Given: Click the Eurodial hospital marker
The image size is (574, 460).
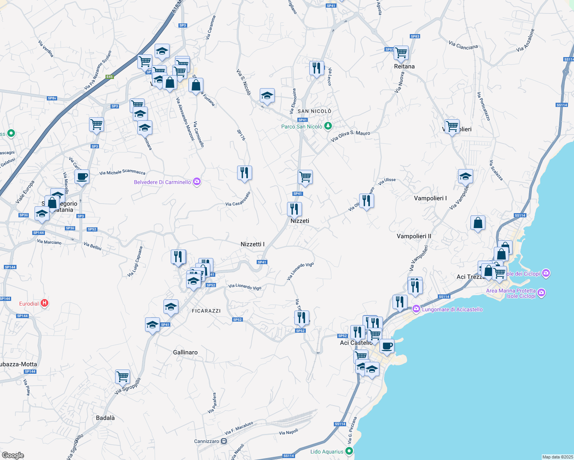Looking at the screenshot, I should (x=45, y=303).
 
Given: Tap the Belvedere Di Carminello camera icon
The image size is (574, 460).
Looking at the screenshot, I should (x=197, y=182).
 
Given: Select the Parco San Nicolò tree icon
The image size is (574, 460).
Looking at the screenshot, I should (x=328, y=126).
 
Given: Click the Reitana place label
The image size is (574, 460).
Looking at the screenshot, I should (x=404, y=66).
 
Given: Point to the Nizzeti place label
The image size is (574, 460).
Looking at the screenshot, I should (x=300, y=221).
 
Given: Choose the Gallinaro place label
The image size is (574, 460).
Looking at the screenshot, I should (x=185, y=352).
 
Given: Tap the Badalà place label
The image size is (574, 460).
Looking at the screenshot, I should (x=105, y=418).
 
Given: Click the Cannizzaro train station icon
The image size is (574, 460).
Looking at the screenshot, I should (x=224, y=441).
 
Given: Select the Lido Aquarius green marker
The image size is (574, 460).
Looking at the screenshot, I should (x=349, y=451).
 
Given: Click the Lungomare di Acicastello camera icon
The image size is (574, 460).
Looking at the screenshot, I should (x=416, y=309).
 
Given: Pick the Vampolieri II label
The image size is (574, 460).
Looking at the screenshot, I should (x=414, y=236).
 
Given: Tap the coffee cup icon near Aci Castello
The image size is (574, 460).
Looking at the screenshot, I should (x=387, y=346).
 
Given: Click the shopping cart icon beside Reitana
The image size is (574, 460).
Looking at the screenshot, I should (x=401, y=53).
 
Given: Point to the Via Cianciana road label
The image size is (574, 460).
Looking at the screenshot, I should (x=463, y=46).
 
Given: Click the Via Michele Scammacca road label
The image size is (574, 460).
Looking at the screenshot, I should (x=122, y=172).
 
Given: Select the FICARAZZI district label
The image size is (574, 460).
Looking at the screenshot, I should (x=206, y=311).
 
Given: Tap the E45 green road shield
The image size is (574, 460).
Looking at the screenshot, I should (x=110, y=77).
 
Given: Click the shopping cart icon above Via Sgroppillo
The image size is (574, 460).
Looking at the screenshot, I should (x=123, y=376).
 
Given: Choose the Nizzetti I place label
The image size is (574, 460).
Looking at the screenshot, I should (x=252, y=244).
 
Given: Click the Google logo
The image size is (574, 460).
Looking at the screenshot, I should (x=13, y=455).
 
